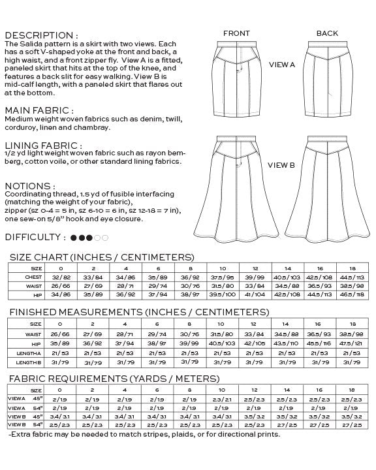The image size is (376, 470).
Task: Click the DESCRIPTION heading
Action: tap(41, 35)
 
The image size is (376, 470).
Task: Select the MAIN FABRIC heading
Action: tap(39, 111)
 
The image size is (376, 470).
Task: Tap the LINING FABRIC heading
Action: tap(43, 146)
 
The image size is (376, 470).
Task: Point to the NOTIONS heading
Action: tap(30, 186)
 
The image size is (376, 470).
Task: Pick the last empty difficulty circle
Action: tap(106, 238)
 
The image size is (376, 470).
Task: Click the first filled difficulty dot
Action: tap(74, 238)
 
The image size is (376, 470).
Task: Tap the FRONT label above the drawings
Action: tap(236, 33)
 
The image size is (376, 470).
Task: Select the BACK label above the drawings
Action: tap(327, 33)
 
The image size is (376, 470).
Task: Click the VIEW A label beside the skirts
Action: tap(282, 65)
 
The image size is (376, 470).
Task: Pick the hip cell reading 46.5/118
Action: tap(351, 294)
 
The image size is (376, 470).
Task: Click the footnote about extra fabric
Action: tap(144, 434)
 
